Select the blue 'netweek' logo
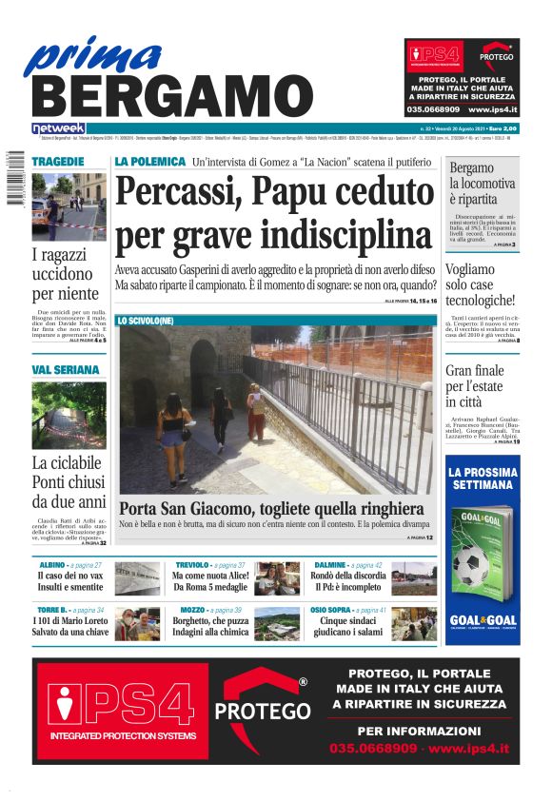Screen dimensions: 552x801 (58, 128)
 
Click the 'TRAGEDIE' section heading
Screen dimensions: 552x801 (58, 162)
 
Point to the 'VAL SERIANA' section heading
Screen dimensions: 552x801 (66, 369)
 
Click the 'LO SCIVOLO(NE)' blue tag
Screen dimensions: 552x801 (146, 321)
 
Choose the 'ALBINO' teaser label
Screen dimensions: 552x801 (51, 565)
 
